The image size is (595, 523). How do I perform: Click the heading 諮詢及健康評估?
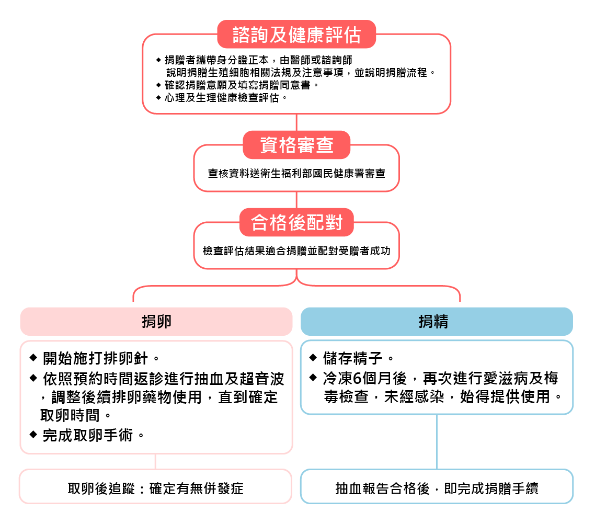[296, 35]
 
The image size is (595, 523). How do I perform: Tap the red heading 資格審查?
[296, 145]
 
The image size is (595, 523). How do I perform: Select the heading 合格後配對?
[296, 222]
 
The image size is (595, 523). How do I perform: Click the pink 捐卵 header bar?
[156, 322]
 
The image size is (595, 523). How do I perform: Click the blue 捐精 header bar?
[437, 322]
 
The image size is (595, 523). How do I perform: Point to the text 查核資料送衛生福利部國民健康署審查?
[296, 174]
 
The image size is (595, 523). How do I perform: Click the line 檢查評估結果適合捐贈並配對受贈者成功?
[296, 251]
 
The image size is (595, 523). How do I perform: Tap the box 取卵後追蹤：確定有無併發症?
[156, 486]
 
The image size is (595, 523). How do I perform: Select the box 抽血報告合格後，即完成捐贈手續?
[437, 486]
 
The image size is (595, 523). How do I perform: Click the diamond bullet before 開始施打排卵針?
[33, 358]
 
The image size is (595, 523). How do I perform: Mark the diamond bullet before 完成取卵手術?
[33, 434]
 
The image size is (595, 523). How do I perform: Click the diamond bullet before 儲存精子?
[313, 358]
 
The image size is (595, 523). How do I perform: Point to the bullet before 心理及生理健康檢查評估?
[158, 98]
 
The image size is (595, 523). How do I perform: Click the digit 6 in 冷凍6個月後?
[357, 379]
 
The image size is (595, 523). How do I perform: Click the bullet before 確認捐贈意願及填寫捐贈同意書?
[158, 85]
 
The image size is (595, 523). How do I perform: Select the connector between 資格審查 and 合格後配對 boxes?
[296, 200]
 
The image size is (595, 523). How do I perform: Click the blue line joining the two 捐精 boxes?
[437, 442]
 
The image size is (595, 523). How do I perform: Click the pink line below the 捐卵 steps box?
[156, 461]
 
